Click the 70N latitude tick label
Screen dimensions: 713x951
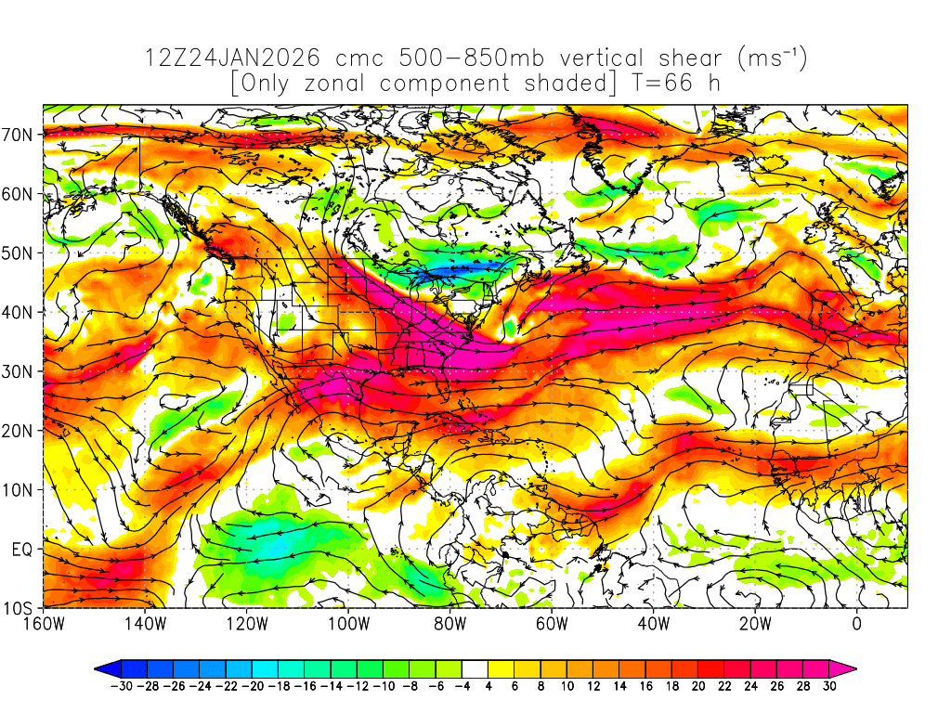click(x=20, y=135)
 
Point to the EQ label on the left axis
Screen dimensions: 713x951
click(x=22, y=550)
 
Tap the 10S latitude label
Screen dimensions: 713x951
click(x=20, y=609)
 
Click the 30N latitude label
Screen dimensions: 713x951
click(x=20, y=371)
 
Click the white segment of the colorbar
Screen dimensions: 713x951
click(x=475, y=668)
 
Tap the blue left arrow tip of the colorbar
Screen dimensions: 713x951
click(x=101, y=668)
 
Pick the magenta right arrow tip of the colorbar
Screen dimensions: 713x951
click(x=849, y=668)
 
